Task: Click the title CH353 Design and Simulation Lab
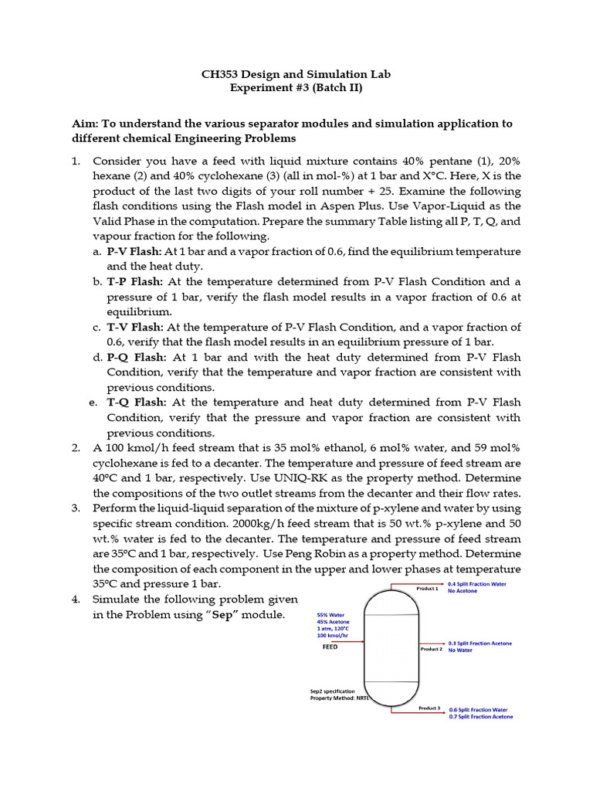pyautogui.click(x=296, y=74)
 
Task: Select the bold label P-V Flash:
pyautogui.click(x=134, y=252)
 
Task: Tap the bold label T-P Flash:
pyautogui.click(x=134, y=282)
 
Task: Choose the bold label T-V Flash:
pyautogui.click(x=134, y=328)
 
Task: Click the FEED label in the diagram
pyautogui.click(x=330, y=647)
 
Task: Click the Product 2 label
pyautogui.click(x=431, y=649)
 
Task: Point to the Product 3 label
pyautogui.click(x=429, y=708)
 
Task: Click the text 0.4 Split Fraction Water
pyautogui.click(x=477, y=584)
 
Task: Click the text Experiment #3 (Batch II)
pyautogui.click(x=296, y=88)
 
